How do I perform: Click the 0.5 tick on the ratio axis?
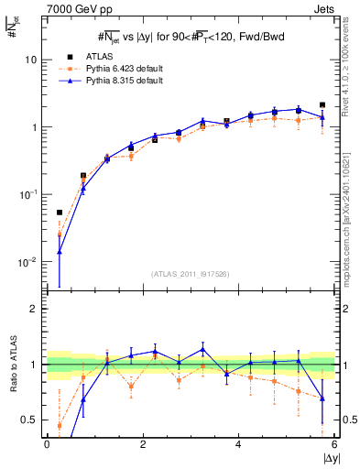tap(28, 420)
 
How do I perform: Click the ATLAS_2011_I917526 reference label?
tap(191, 275)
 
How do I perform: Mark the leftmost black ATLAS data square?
tap(60, 213)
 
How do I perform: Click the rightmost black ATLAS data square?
tap(322, 105)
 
